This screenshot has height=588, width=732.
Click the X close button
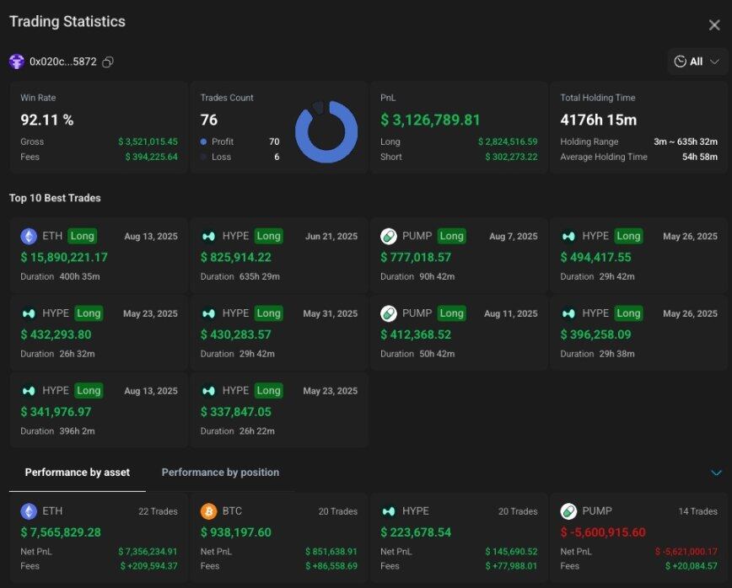[x=713, y=25]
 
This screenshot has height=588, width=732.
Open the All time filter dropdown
[x=697, y=61]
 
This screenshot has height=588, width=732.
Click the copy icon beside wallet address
[x=108, y=62]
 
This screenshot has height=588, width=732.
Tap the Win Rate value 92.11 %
[x=47, y=120]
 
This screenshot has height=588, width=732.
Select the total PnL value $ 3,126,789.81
[x=430, y=120]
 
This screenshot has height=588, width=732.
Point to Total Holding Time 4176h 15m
[x=598, y=120]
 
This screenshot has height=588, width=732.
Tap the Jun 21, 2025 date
[x=331, y=237]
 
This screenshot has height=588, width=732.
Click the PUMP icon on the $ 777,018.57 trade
[x=389, y=236]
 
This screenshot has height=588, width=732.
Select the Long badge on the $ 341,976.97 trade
[x=89, y=391]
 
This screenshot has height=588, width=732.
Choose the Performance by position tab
[x=220, y=473]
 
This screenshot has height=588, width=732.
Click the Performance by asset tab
[x=78, y=473]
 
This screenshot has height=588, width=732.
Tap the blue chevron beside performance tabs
[x=716, y=473]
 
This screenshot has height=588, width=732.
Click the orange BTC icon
[x=208, y=511]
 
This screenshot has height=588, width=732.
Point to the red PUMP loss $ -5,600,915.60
[x=602, y=532]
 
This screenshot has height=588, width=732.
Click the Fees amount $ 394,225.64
[x=151, y=157]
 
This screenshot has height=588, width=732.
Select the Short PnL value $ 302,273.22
[x=511, y=157]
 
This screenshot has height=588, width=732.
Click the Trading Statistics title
[x=67, y=22]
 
